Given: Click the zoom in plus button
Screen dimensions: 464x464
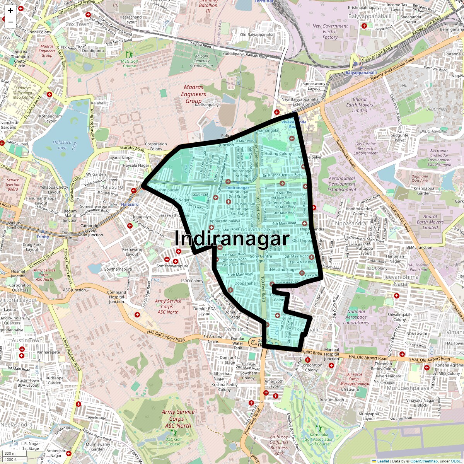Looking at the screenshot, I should pos(10,11).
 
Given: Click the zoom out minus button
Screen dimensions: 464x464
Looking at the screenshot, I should pos(10,22).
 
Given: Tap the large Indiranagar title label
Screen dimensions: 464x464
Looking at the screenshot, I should pos(232,239).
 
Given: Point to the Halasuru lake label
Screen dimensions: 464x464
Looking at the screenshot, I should pos(62,145).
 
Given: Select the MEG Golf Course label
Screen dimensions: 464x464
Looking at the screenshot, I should pos(129,63).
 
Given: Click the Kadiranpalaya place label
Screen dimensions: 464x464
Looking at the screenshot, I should pos(208,105).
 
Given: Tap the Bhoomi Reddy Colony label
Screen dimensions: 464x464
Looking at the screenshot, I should pos(359,211).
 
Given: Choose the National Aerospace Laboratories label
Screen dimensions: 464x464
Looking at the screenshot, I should pos(356,317).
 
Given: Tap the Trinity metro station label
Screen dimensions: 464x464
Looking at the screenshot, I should pos(43,237).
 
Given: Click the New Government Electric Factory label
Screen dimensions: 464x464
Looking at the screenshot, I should pos(330,32).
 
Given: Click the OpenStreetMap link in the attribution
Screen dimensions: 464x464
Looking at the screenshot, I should pos(424,461).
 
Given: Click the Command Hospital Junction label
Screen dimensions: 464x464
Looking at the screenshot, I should pos(116,297).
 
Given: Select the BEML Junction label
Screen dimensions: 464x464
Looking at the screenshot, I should pos(419,247).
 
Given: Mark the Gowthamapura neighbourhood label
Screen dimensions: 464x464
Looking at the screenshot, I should pos(118,269).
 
